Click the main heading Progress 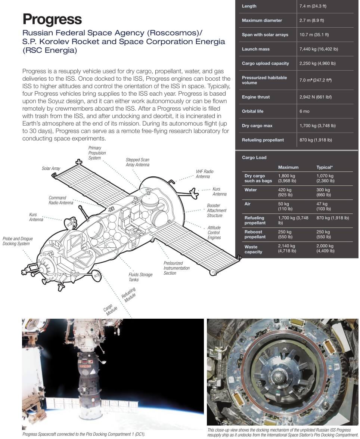tap(52, 19)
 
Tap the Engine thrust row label tap(255, 97)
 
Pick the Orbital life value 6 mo tap(304, 111)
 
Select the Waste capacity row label tap(253, 249)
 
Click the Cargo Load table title tap(254, 158)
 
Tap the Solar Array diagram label tap(51, 169)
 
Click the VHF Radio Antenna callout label tap(205, 174)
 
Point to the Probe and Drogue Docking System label tap(18, 241)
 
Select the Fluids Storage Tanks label tap(140, 277)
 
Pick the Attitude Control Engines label tap(214, 232)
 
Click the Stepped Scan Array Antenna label tap(137, 162)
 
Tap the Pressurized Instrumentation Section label tap(176, 268)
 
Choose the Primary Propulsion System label tap(97, 153)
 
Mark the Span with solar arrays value tap(314, 35)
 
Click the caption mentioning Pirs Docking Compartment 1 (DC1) tap(84, 434)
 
